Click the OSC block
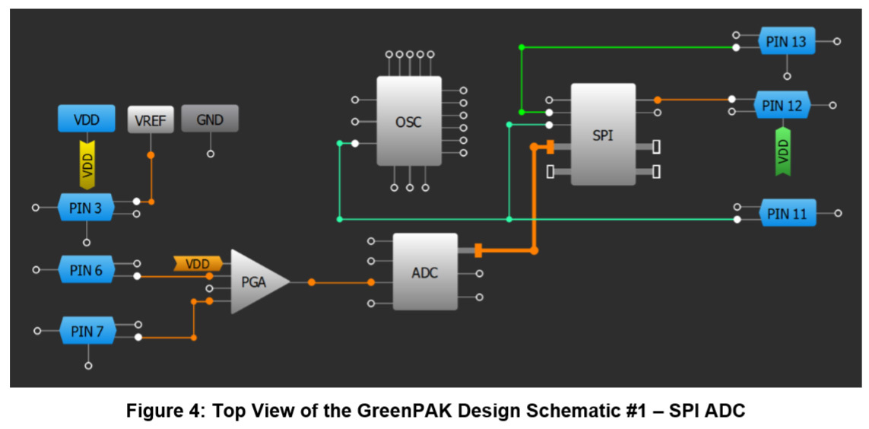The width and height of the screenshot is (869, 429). coord(409,121)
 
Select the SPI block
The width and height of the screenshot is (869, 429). coord(603,135)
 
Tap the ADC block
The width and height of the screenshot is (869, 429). coord(425,272)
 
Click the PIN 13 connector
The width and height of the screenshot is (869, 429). coord(786,42)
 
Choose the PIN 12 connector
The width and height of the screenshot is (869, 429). coord(783,106)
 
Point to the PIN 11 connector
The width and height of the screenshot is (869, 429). coord(787,214)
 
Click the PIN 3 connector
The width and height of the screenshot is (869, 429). coord(86,208)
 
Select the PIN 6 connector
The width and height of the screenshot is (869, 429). coord(86,269)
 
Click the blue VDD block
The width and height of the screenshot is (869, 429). coord(87,119)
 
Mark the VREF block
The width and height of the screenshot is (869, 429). coord(151,119)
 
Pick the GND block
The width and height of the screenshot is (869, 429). coord(210,119)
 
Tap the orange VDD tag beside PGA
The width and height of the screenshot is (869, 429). coord(198,264)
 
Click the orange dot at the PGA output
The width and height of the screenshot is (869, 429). coord(312,282)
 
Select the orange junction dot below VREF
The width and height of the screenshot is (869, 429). coord(151,155)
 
